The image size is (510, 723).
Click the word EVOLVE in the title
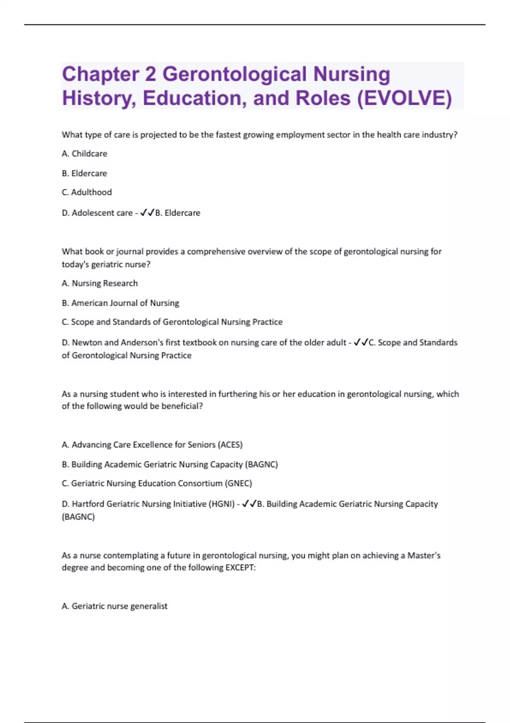point(404,98)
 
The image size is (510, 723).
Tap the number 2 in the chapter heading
point(150,74)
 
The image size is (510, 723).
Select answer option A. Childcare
point(85,154)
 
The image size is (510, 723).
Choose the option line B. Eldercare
point(84,174)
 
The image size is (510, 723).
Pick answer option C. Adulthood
point(87,192)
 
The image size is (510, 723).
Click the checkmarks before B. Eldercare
point(147,213)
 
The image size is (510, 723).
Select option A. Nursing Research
point(100,283)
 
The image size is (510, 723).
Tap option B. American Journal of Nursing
point(120,303)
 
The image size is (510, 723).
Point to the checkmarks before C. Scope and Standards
point(361,342)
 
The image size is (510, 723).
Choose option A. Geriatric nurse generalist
point(115,606)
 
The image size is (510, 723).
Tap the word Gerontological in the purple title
point(235,74)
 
